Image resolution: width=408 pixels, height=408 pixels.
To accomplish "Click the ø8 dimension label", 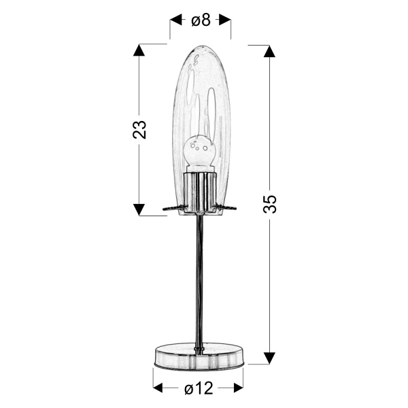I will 200,20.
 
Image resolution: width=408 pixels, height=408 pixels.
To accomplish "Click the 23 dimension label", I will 140,129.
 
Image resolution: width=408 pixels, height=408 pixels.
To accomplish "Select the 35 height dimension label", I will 270,204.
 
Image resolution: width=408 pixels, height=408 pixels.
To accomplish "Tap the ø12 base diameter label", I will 199,388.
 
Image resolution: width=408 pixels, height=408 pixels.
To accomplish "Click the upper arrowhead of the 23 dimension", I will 140,50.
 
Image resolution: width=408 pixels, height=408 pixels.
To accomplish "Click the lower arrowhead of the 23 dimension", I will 140,209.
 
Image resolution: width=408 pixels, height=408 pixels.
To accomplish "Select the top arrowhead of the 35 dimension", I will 270,50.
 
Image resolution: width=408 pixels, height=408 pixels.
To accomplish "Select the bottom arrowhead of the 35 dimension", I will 270,358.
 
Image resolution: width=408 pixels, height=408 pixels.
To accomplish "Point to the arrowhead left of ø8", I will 176,20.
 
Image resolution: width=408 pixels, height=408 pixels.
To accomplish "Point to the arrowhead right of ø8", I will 224,20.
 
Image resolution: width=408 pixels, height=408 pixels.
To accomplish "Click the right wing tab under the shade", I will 227,207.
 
